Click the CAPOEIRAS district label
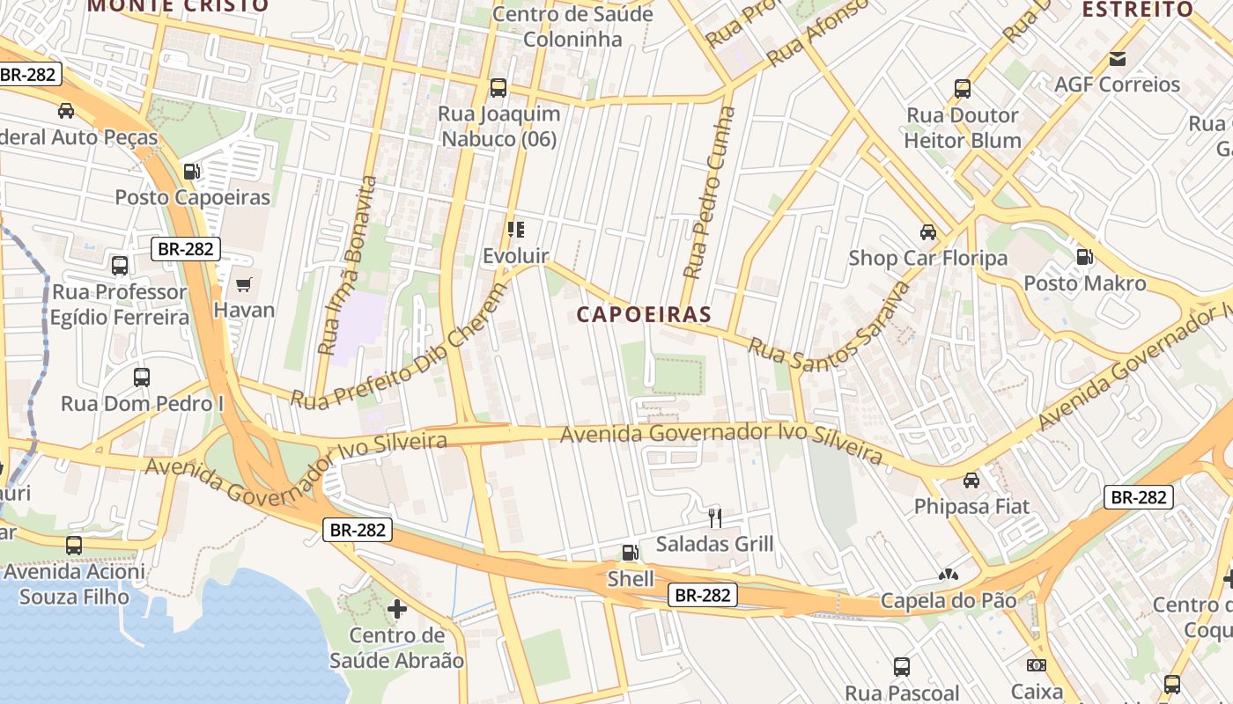click(644, 314)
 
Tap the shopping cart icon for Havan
click(244, 285)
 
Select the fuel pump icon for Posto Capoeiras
click(191, 172)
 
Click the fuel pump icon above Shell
click(631, 553)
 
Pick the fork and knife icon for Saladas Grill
click(715, 517)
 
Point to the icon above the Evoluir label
click(516, 230)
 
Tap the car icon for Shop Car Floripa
click(927, 232)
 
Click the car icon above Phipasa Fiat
click(971, 480)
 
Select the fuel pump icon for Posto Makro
click(1085, 257)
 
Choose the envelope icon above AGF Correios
click(1118, 59)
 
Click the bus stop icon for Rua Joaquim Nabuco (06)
click(498, 88)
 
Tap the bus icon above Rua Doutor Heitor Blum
click(963, 89)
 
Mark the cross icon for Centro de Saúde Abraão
click(397, 608)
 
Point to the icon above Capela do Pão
click(948, 576)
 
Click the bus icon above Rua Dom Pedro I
click(142, 378)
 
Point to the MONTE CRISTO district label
click(178, 6)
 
